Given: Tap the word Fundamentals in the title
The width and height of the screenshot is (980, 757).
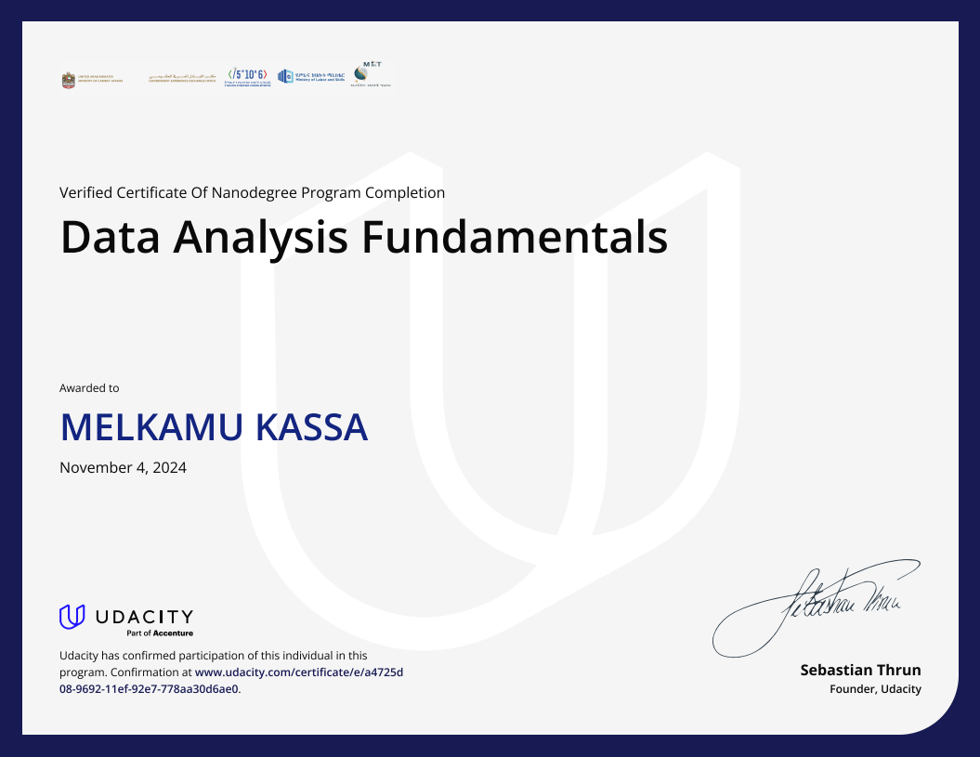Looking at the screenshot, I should pyautogui.click(x=514, y=238).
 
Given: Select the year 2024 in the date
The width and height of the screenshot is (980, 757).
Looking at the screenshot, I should pyautogui.click(x=169, y=468).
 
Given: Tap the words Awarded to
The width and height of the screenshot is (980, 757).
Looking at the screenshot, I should pyautogui.click(x=89, y=388).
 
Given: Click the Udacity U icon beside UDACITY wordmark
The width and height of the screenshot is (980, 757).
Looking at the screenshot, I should pyautogui.click(x=72, y=616).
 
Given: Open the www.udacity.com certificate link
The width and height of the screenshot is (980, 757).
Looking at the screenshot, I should pyautogui.click(x=298, y=672).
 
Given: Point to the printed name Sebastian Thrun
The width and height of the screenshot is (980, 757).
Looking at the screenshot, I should pyautogui.click(x=860, y=670).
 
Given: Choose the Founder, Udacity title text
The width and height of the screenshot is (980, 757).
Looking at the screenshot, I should pyautogui.click(x=875, y=689).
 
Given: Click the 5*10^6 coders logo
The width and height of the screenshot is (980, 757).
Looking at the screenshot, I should pyautogui.click(x=247, y=77).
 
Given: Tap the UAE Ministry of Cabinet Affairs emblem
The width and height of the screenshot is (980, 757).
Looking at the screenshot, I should pyautogui.click(x=68, y=81).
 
